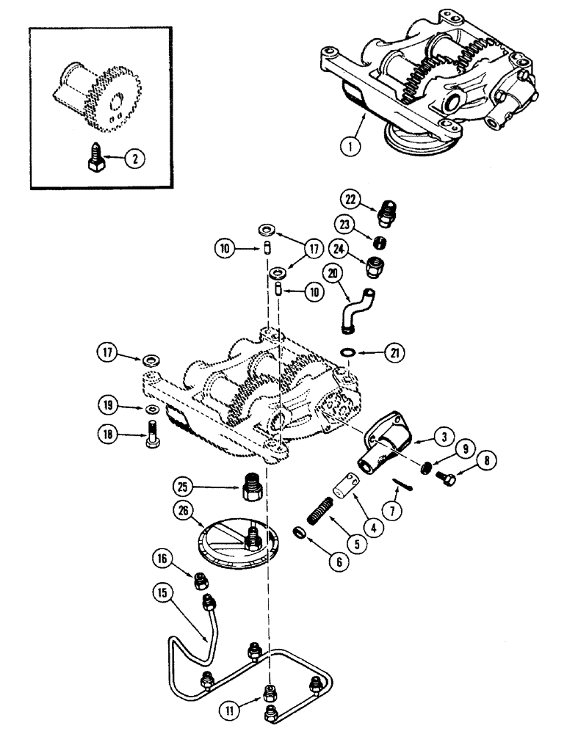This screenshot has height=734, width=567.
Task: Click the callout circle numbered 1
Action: point(351,145)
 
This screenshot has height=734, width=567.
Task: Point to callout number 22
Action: point(351,199)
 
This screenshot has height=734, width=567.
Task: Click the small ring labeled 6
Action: point(299,531)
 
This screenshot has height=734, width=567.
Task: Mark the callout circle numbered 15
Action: point(163,590)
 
